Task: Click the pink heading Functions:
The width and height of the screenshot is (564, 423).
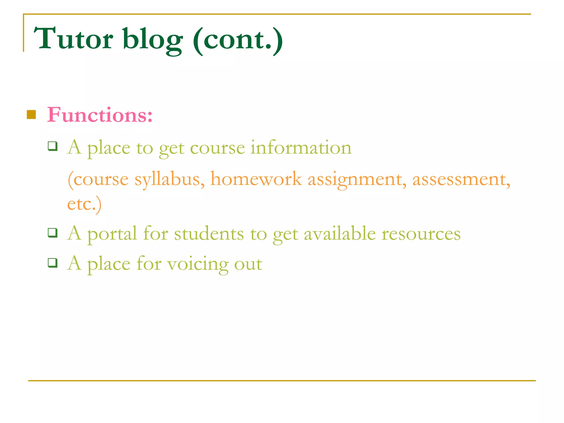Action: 100,115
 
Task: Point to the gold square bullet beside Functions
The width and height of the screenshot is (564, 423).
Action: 31,115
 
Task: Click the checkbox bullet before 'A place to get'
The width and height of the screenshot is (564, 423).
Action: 53,146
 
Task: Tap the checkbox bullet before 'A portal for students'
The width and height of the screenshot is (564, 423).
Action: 53,233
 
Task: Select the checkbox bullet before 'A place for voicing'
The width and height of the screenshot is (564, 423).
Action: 53,263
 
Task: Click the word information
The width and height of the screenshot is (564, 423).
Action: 301,148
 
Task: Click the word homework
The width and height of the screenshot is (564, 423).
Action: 256,179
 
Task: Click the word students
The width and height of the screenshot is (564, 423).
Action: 209,234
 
